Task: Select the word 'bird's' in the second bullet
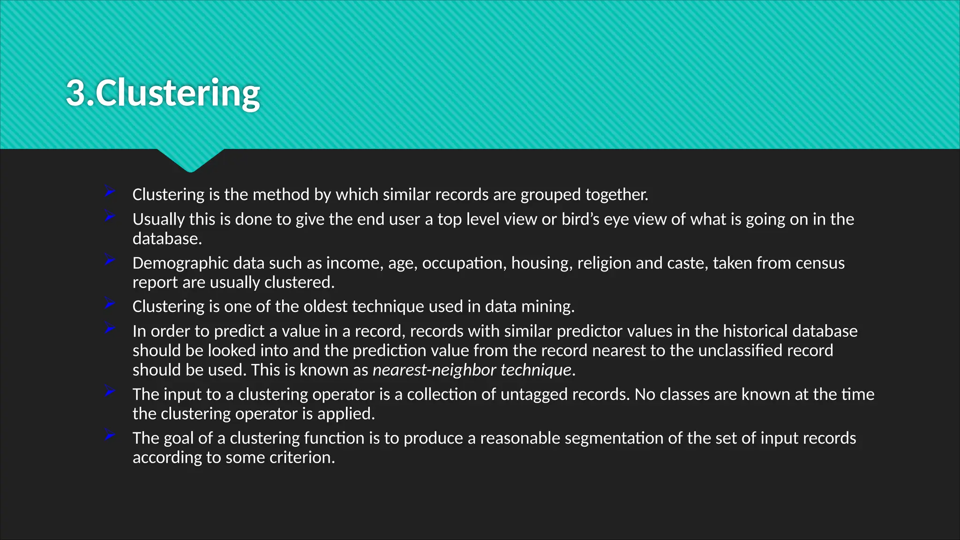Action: point(580,219)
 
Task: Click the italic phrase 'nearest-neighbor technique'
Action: point(472,370)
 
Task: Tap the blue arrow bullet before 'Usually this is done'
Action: point(110,216)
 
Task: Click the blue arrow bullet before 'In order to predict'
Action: point(110,328)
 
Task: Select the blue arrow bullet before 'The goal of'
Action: point(110,435)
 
